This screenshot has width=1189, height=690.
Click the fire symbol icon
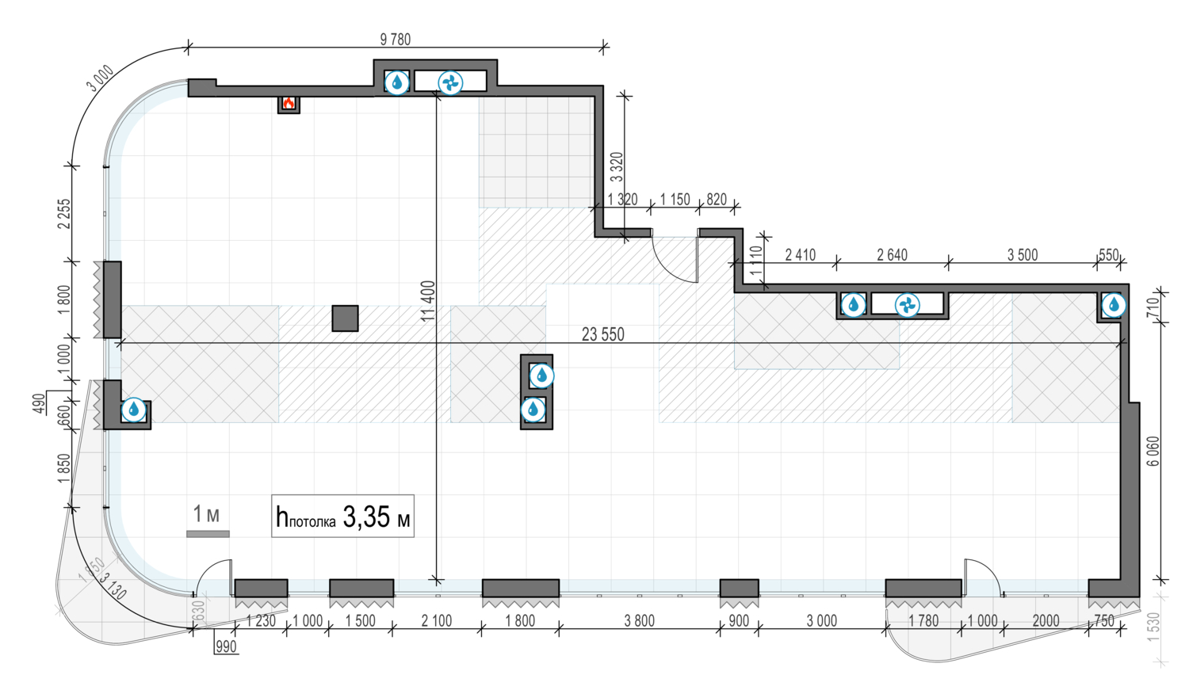tap(289, 103)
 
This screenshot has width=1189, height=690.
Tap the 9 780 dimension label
tap(395, 39)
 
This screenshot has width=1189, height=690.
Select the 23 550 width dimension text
tap(602, 334)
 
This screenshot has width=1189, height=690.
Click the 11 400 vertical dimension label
tap(428, 301)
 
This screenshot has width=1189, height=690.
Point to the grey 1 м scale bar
tap(208, 534)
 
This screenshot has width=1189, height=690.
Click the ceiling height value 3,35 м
tap(377, 517)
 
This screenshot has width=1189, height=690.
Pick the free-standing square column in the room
tap(345, 318)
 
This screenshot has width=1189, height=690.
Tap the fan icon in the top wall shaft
tap(450, 82)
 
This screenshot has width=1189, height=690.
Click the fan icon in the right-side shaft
tap(907, 305)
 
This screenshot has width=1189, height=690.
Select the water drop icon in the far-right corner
tap(1114, 304)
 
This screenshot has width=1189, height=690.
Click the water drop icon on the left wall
tap(134, 410)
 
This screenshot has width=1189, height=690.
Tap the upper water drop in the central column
tap(541, 375)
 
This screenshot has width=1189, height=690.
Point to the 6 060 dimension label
tap(1153, 451)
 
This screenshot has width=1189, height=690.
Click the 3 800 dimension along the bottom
tap(639, 621)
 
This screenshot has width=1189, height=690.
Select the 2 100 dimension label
tap(436, 621)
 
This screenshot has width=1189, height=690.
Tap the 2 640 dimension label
tap(892, 255)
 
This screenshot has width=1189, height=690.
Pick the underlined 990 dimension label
tap(226, 646)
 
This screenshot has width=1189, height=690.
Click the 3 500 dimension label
tap(1023, 255)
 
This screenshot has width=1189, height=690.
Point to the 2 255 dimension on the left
tap(64, 213)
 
